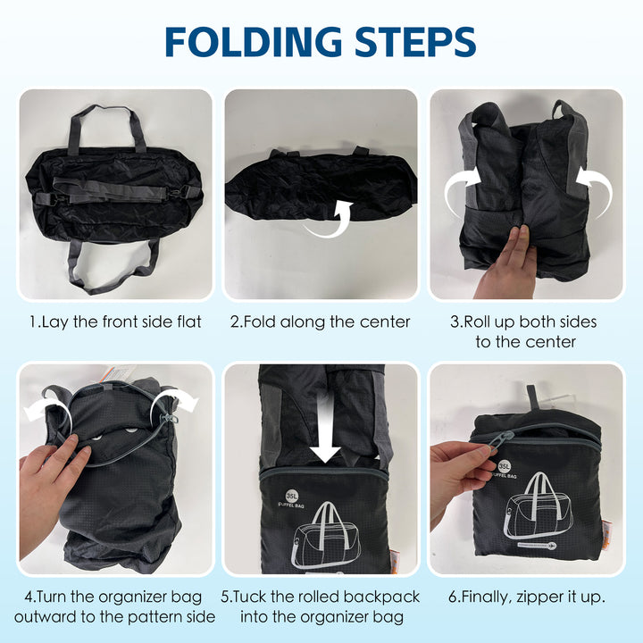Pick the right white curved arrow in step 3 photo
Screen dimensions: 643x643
594,189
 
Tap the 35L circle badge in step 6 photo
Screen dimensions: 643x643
505,466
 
